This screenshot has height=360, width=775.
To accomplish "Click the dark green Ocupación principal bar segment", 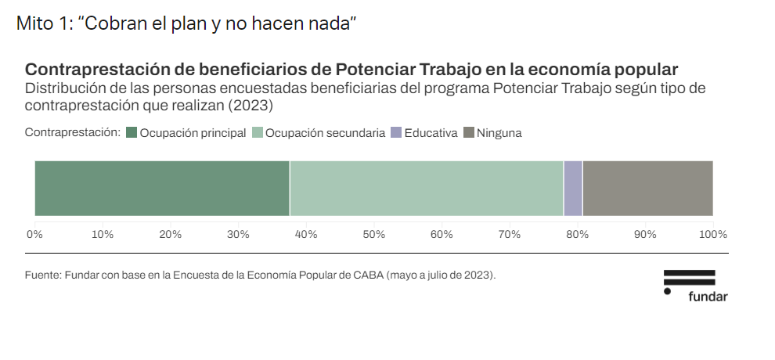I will pyautogui.click(x=162, y=188).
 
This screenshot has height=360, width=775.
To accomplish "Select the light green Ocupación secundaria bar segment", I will pyautogui.click(x=427, y=188).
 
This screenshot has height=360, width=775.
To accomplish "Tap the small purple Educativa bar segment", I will pyautogui.click(x=573, y=188).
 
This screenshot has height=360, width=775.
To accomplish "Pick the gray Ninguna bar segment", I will pyautogui.click(x=647, y=188).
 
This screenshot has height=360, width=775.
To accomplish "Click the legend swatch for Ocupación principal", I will pyautogui.click(x=132, y=133).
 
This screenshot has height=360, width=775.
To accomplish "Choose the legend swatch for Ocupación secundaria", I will pyautogui.click(x=258, y=133).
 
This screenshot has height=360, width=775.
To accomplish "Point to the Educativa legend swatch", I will pyautogui.click(x=396, y=133).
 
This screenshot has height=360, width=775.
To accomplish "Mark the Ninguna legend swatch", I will pyautogui.click(x=469, y=133).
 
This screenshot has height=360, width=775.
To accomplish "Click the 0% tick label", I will pyautogui.click(x=34, y=234).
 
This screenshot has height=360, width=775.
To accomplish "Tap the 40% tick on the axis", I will pyautogui.click(x=305, y=234).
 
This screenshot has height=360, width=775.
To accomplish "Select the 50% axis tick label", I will pyautogui.click(x=373, y=234).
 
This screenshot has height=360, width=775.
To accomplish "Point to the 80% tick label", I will pyautogui.click(x=577, y=234).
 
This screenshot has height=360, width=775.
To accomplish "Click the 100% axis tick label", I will pyautogui.click(x=713, y=234).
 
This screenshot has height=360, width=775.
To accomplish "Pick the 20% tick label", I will pyautogui.click(x=170, y=234).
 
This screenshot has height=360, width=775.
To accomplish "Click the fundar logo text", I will pyautogui.click(x=708, y=297).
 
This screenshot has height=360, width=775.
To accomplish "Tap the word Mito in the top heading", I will pyautogui.click(x=32, y=23).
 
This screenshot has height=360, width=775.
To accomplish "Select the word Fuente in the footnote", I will pyautogui.click(x=42, y=275).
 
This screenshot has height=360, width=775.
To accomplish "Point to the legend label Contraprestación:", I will pyautogui.click(x=72, y=133).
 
